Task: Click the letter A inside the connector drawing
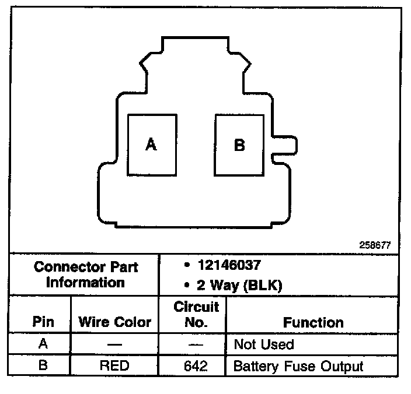[x=151, y=144]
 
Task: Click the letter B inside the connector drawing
[x=239, y=145]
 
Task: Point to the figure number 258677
[x=374, y=245]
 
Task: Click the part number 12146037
[x=228, y=266]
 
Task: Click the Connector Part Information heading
[x=85, y=275]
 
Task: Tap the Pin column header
[x=43, y=322]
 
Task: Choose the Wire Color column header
[x=115, y=322]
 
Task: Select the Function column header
[x=313, y=322]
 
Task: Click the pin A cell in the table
[x=43, y=344]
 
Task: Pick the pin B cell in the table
[x=43, y=366]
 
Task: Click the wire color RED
[x=115, y=367]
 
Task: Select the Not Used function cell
[x=263, y=344]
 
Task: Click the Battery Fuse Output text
[x=298, y=367]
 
